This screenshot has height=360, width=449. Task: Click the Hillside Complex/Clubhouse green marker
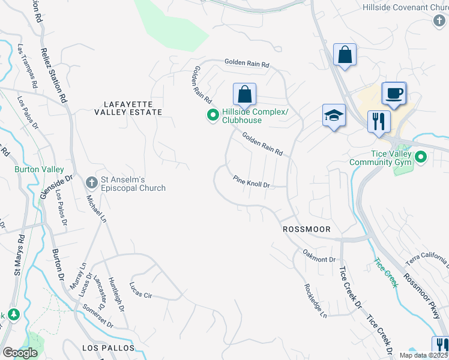click(x=212, y=115)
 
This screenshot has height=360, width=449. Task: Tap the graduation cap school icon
click(x=334, y=116)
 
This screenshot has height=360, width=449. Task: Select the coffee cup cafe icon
click(x=393, y=94)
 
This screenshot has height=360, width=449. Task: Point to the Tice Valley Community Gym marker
click(x=421, y=158)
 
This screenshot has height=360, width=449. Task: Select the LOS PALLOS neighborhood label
click(x=106, y=348)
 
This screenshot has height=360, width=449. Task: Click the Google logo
click(x=19, y=353)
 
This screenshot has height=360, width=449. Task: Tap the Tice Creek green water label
click(x=385, y=272)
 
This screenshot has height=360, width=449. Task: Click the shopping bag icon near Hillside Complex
click(x=244, y=94)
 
